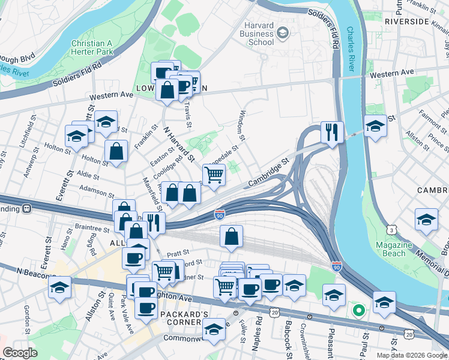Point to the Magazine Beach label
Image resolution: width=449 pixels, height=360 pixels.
[393, 249]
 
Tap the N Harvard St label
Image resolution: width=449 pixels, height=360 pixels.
[179, 146]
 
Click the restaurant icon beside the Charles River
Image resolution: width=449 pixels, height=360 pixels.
[332, 131]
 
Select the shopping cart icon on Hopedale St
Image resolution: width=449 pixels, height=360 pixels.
[214, 175]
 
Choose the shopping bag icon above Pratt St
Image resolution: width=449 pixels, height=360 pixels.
[231, 236]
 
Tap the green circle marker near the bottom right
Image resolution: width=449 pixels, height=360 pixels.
[358, 310]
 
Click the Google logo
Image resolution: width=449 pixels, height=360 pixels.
[20, 353]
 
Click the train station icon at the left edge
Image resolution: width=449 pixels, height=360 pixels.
[27, 208]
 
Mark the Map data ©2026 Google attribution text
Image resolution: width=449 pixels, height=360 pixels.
[412, 355]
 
